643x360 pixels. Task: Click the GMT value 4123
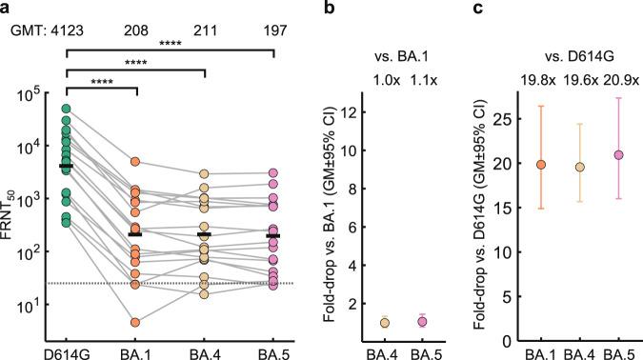[x=67, y=30]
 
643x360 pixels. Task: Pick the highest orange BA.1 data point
[x=136, y=162]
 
